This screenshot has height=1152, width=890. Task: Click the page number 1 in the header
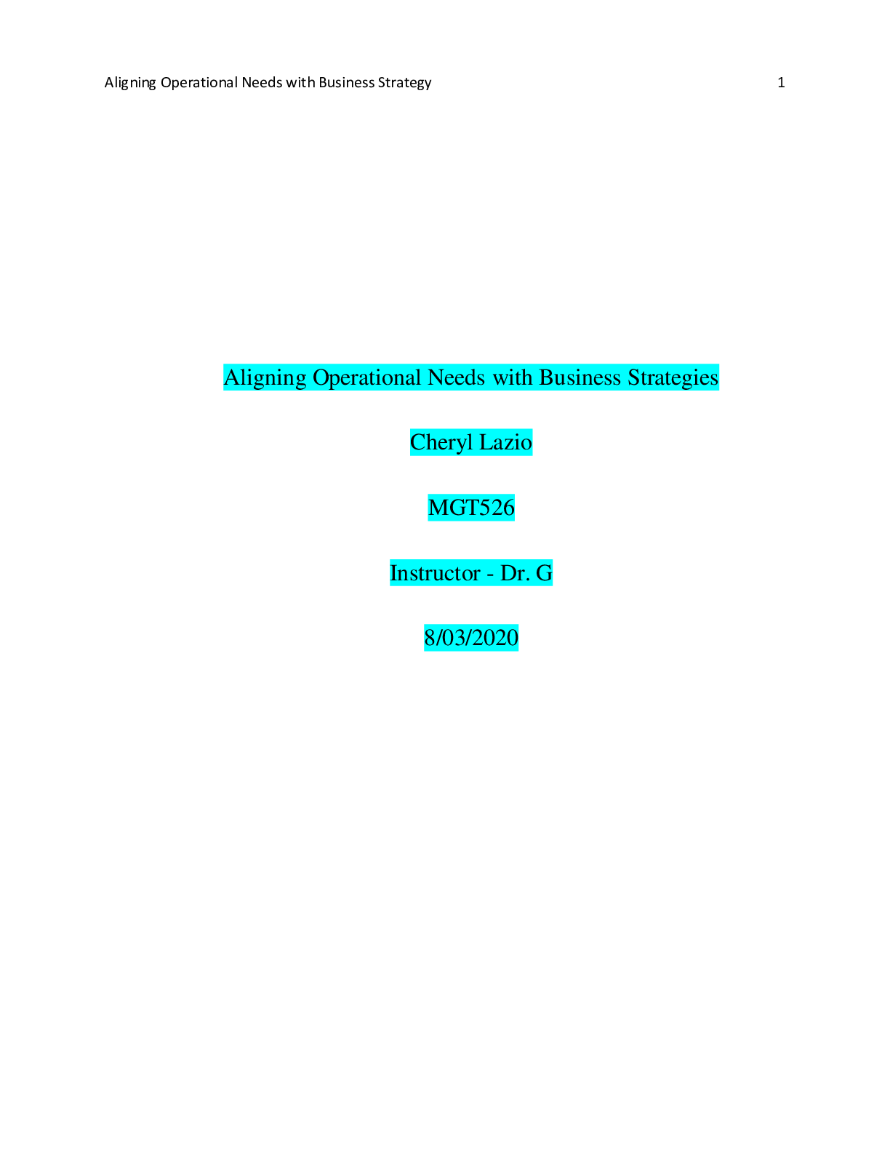click(781, 82)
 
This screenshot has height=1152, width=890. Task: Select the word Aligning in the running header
click(130, 82)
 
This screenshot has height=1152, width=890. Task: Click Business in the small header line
click(346, 82)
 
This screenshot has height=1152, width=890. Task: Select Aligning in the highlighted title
click(265, 377)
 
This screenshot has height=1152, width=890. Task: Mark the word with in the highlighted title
click(513, 377)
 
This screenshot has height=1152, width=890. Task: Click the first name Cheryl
click(441, 442)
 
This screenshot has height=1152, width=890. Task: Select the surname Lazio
click(505, 442)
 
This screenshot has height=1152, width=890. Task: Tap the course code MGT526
click(471, 508)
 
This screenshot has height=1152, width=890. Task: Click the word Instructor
click(435, 573)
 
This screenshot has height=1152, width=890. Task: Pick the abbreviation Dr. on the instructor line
click(515, 573)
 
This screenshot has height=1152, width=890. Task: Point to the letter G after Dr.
click(545, 573)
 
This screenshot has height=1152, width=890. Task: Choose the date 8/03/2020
click(471, 638)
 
